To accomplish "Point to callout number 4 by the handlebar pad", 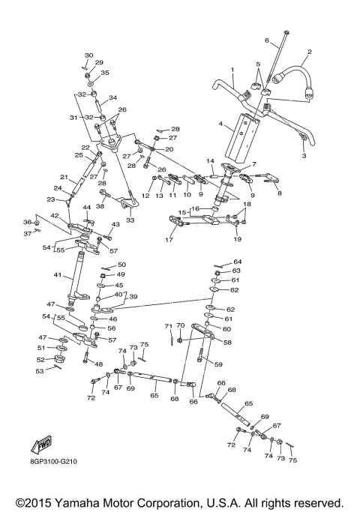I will coord(220,124).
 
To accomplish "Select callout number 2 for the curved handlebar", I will coord(308,52).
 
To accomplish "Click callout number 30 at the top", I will coord(88,55).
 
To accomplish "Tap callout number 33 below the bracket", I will coord(130,220).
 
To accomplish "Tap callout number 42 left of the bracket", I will coord(54,216).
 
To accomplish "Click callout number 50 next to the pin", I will coord(121,265).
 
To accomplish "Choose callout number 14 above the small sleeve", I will coord(211,161).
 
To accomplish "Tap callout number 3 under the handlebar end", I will coord(304,156).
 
